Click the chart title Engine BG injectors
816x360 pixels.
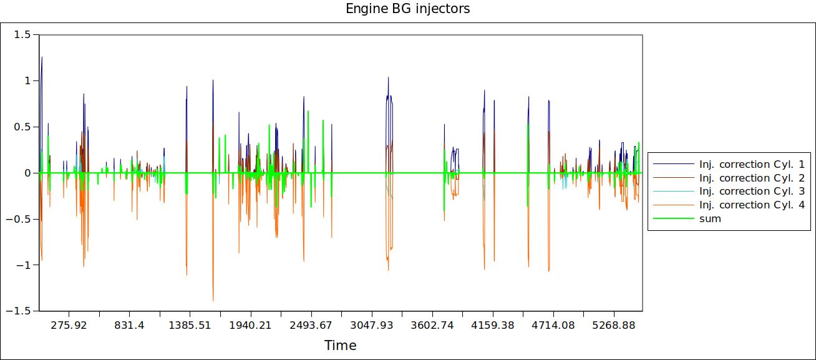click(407, 9)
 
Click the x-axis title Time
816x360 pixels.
click(340, 345)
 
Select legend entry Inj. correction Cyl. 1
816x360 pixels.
click(752, 164)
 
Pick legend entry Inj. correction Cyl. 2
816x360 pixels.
click(752, 178)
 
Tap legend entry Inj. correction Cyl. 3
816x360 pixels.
click(752, 192)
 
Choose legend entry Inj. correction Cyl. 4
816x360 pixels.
click(752, 205)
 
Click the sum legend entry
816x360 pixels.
click(710, 219)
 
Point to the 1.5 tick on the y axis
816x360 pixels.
click(22, 35)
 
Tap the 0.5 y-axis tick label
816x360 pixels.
click(22, 127)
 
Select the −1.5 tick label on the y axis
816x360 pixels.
click(20, 311)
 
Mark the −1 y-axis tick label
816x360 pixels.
click(24, 265)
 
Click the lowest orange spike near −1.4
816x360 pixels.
click(213, 300)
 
